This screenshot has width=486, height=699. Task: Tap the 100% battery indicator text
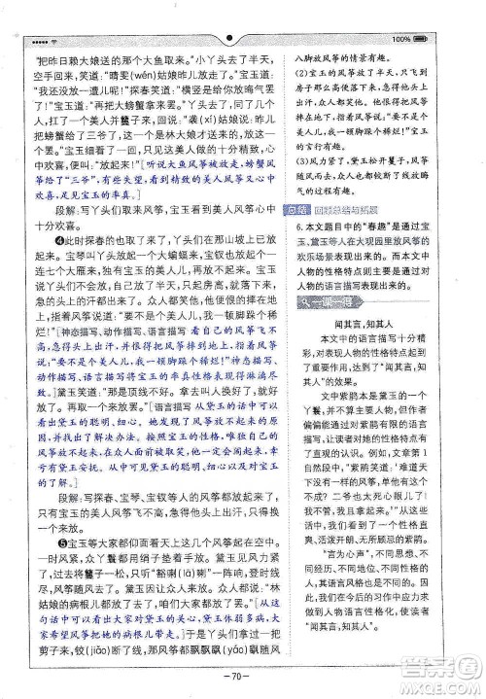[x=400, y=39]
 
